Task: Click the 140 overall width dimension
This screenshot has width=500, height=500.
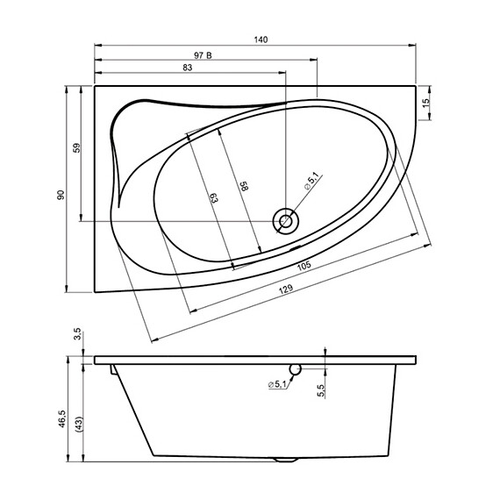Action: (x=261, y=39)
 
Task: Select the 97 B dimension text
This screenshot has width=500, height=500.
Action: (x=203, y=54)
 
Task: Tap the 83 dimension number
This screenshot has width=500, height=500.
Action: (x=187, y=68)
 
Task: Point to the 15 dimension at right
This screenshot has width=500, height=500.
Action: (x=426, y=103)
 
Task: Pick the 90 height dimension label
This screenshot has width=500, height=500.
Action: (x=61, y=195)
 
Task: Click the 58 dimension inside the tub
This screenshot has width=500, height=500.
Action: (x=245, y=188)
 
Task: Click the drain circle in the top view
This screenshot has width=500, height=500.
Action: (x=286, y=219)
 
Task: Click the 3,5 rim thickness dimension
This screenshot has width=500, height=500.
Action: (x=77, y=333)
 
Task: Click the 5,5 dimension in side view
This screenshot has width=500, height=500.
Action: (x=321, y=388)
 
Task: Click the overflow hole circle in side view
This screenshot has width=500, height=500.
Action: (x=296, y=369)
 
